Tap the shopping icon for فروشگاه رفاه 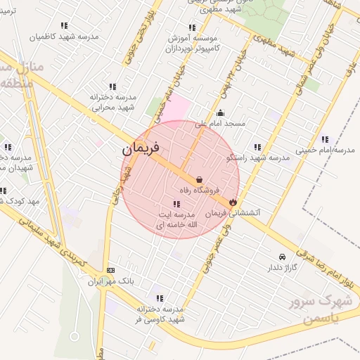(200, 180)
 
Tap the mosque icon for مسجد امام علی (221, 113)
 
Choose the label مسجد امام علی (220, 123)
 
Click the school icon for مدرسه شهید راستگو (257, 148)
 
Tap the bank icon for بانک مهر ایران (110, 271)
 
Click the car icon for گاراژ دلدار (282, 257)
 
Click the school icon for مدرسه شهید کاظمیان (64, 26)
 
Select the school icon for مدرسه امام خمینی (324, 139)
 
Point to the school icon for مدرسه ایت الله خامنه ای (176, 204)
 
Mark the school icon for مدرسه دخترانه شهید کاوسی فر (160, 298)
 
